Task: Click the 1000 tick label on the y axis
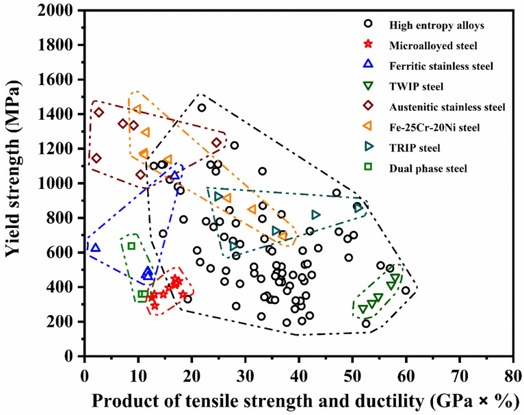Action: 60,184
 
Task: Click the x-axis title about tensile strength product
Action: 298,399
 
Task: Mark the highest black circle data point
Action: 202,108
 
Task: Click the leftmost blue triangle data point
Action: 95,248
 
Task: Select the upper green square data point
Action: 131,246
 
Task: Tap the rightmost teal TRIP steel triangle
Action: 357,206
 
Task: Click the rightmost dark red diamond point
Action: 216,142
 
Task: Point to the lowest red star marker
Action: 155,305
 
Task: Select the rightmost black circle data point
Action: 406,290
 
